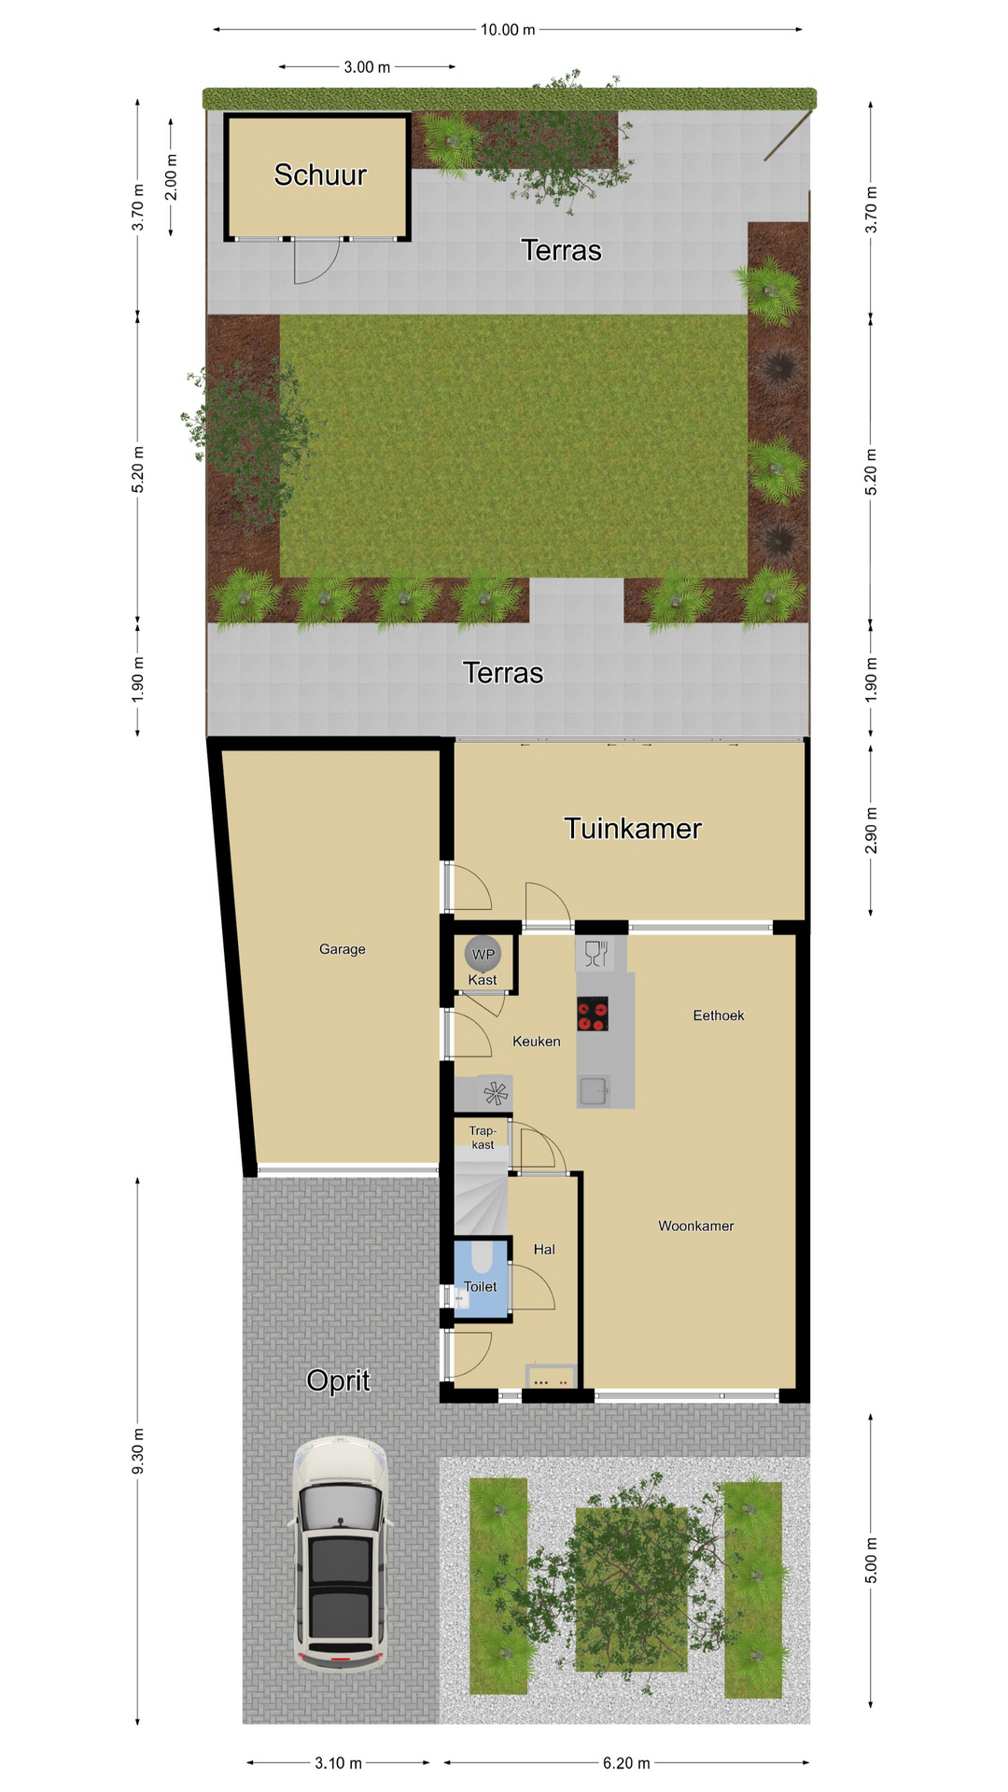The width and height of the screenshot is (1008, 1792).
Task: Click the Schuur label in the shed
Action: point(320,175)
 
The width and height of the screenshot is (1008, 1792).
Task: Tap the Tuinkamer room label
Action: point(633,828)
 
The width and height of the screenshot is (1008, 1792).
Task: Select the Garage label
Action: point(343,949)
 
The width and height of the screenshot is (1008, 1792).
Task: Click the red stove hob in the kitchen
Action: point(593,1014)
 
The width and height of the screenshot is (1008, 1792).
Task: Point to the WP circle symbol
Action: point(483,954)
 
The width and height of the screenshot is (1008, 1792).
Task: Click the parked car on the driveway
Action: point(341,1553)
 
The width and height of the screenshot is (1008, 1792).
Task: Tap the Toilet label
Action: point(481,1286)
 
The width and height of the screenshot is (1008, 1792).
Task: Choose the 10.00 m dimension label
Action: point(508,30)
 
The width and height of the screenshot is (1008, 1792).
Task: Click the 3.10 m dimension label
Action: point(338,1763)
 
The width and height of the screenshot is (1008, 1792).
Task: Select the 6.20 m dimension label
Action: point(626,1763)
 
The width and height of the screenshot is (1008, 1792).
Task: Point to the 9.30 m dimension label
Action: point(138,1452)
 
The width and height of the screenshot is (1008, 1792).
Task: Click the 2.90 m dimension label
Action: point(871,831)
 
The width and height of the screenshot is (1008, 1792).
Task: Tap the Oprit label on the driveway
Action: point(338,1380)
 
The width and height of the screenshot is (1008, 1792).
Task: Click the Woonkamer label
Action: point(696,1225)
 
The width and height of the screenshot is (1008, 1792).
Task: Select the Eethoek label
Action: point(719,1015)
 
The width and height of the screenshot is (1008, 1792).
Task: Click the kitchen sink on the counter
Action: point(594,1090)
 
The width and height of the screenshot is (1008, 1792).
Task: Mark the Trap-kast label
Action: point(483,1138)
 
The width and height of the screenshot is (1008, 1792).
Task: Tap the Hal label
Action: point(544,1249)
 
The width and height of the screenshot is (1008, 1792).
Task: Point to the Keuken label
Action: point(537,1041)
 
